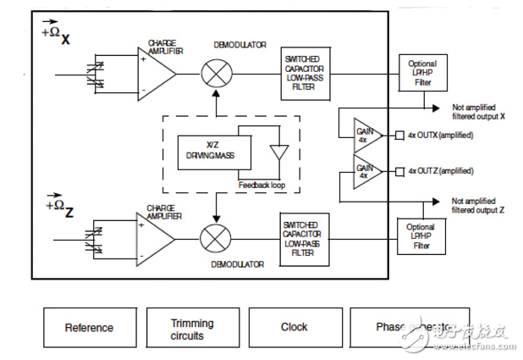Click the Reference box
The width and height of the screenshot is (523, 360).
pos(89,328)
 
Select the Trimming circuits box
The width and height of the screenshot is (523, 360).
pos(192,328)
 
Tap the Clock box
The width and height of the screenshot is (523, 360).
pos(295,328)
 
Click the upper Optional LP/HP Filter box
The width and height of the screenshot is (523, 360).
pos(422,75)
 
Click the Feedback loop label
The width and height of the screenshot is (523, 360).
pos(261,183)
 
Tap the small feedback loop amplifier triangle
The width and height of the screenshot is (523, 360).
pos(276,152)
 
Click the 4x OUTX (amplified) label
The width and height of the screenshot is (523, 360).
pos(439,135)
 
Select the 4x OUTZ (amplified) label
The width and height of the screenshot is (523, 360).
pos(439,172)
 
